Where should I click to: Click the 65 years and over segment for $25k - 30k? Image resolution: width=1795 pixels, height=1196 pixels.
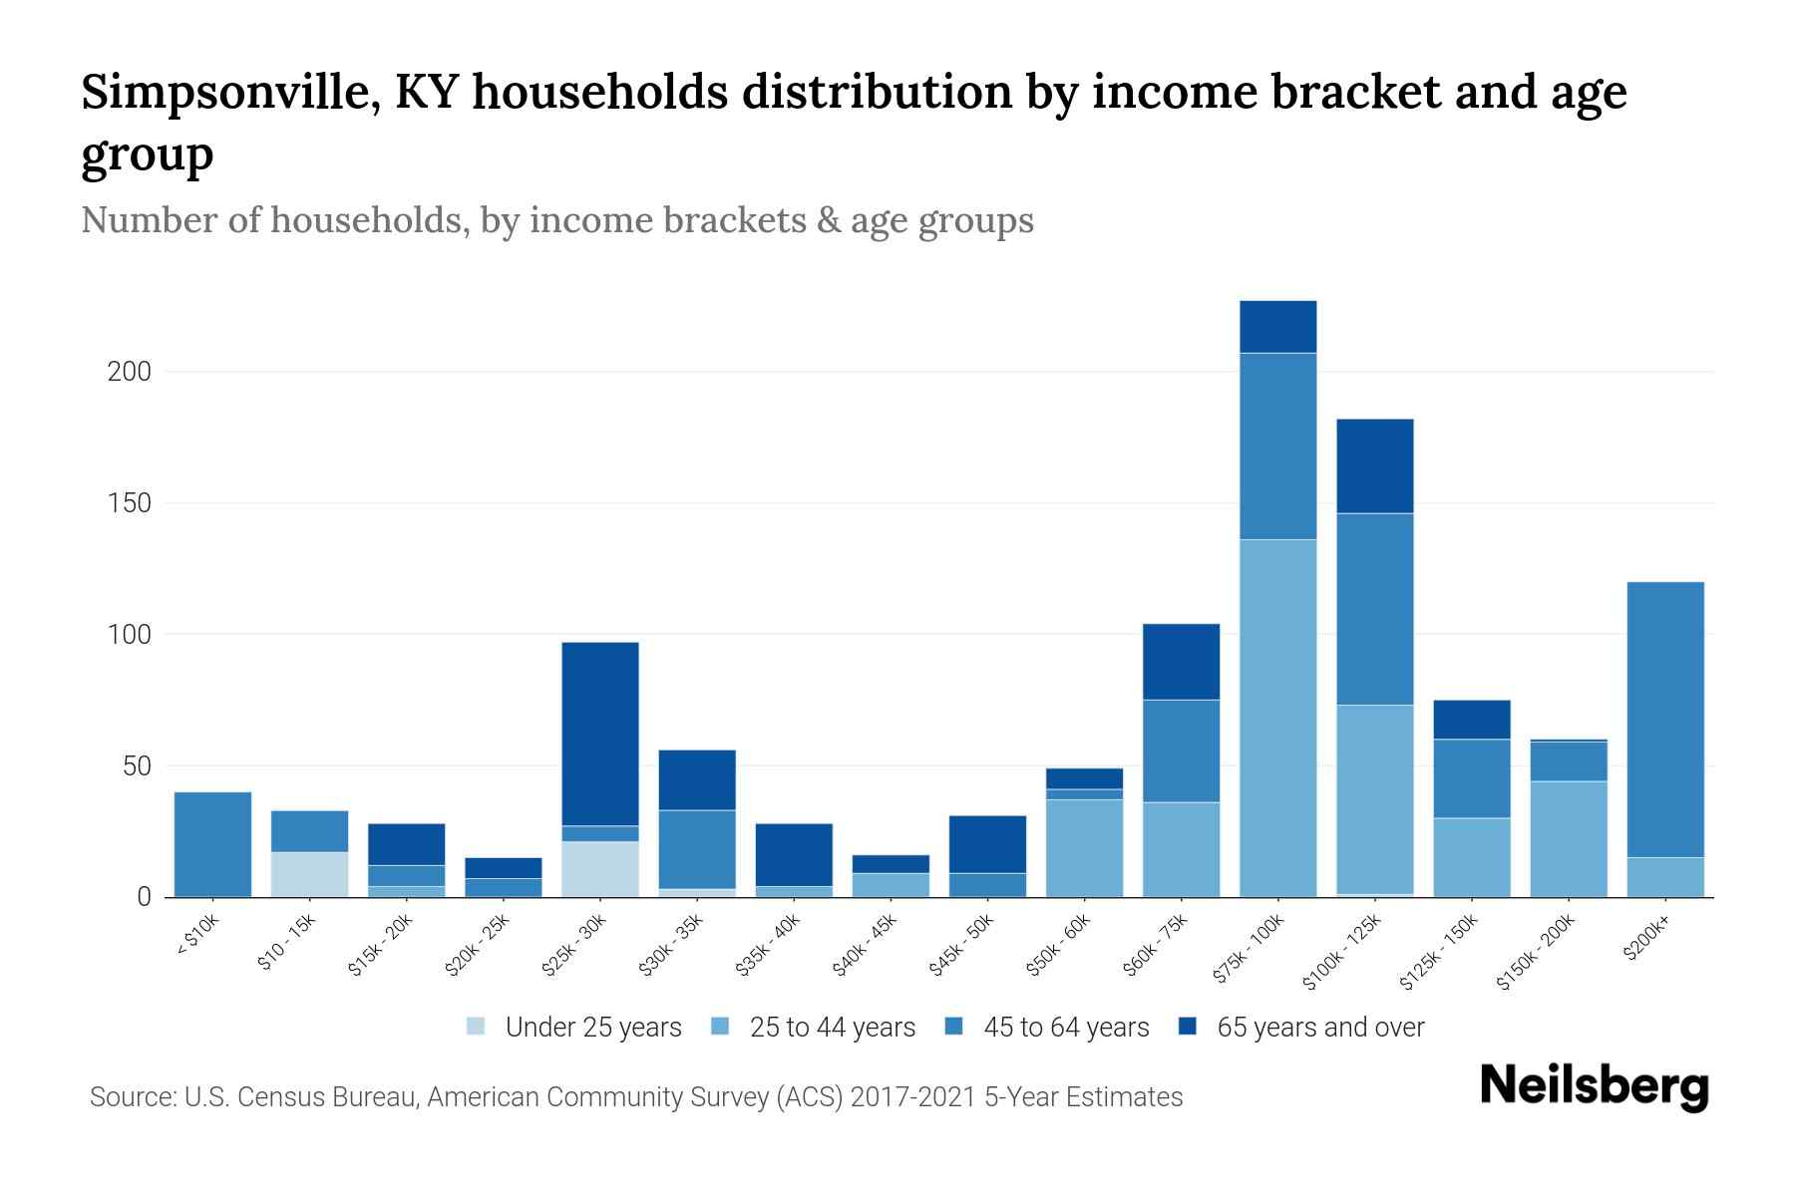pos(600,734)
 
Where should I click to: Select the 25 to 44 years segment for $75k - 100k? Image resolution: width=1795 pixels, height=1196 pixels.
pos(1277,718)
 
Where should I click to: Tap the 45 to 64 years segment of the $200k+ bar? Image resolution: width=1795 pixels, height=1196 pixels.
pos(1665,720)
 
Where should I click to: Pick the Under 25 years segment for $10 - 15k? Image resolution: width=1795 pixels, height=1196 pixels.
pos(310,874)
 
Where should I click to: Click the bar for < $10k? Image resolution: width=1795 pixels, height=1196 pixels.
pos(212,844)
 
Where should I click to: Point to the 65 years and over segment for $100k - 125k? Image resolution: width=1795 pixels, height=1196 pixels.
pos(1375,466)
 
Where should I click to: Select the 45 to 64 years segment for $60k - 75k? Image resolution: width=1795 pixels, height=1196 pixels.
pos(1181,750)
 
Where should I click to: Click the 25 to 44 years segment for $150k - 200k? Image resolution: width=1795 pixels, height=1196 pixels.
pos(1569,839)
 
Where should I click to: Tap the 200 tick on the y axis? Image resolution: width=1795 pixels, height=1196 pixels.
pos(130,372)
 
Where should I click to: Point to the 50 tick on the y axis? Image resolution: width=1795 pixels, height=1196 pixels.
pos(137,766)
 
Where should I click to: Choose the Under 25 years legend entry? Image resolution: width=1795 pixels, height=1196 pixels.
pos(574,1028)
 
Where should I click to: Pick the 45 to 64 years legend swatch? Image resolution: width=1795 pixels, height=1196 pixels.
pos(954,1027)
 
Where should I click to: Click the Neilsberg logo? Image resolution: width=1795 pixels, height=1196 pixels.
pos(1594,1087)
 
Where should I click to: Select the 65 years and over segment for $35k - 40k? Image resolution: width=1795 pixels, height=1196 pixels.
pos(794,854)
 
